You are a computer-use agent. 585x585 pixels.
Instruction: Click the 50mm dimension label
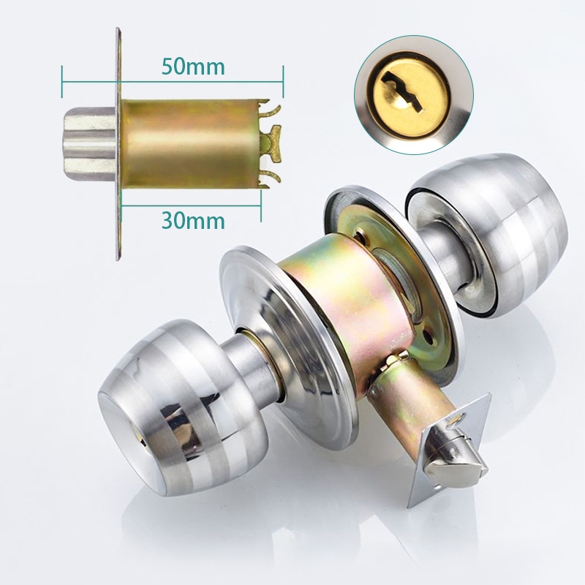pos(193,67)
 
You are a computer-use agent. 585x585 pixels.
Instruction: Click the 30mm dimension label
pos(193,221)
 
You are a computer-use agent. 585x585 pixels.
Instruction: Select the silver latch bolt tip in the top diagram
pos(89,143)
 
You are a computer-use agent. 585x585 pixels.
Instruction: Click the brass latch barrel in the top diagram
pos(190,143)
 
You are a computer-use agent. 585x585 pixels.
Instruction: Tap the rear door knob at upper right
pos(488,235)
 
